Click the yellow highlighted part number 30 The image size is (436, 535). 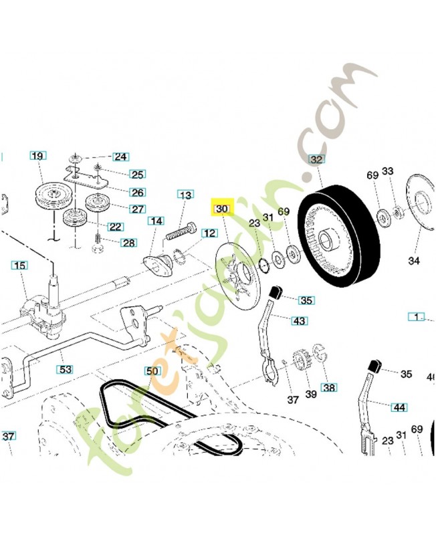[x=222, y=208]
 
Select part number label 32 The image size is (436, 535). [x=316, y=159]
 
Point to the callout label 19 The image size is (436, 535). [x=37, y=156]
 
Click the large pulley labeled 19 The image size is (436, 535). [x=53, y=197]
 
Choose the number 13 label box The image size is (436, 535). [x=185, y=195]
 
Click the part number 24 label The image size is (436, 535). [x=120, y=157]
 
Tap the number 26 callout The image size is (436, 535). [x=138, y=192]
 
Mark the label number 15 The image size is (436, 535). [x=19, y=265]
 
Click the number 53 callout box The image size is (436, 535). [x=65, y=370]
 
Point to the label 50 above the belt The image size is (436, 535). [x=152, y=371]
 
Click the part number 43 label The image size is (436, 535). [x=299, y=321]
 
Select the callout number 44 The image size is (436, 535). [x=399, y=407]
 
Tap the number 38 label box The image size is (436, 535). [x=329, y=388]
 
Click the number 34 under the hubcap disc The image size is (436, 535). [x=414, y=261]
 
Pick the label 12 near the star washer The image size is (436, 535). [x=209, y=233]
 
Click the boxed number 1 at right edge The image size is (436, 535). [x=416, y=316]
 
